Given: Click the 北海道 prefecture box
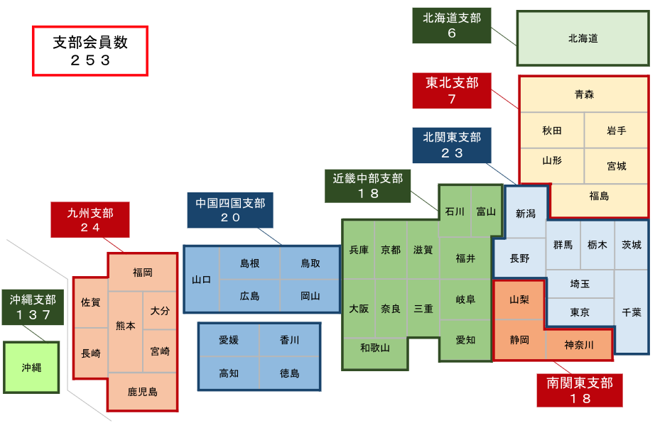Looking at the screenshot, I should [583, 38].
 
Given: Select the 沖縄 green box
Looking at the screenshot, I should [31, 367].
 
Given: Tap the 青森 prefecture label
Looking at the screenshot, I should [584, 94].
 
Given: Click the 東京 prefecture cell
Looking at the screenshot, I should [580, 312].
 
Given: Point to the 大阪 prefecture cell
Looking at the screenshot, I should [359, 309].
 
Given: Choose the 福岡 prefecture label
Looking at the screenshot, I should [142, 272].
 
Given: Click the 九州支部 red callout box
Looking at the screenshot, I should [90, 219].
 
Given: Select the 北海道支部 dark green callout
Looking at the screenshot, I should [452, 26].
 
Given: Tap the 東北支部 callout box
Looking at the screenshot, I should [452, 91].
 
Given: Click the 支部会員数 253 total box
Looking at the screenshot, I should [90, 51].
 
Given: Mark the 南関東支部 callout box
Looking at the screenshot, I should [580, 390].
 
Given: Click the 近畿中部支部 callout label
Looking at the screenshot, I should [368, 185].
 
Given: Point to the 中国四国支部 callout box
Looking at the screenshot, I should [230, 210].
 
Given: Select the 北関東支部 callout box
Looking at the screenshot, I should [452, 145].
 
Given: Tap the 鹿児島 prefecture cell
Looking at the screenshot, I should [142, 391].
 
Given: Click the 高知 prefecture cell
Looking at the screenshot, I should [229, 373].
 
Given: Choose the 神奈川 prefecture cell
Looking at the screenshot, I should [578, 345].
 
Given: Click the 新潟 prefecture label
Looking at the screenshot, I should [526, 213].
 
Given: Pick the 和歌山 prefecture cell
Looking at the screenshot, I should [374, 347].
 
